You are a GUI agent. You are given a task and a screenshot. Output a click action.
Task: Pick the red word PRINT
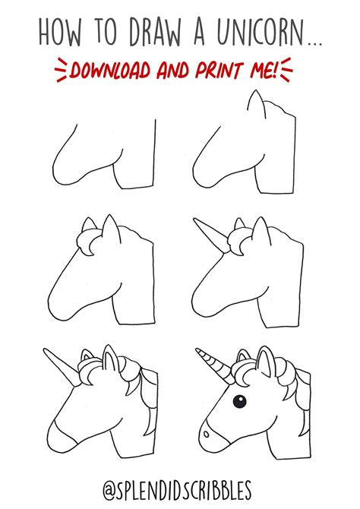coord(223,71)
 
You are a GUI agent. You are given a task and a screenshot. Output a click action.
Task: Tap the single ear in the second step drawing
coord(257,109)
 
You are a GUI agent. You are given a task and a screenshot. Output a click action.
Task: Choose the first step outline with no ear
coord(103,156)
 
